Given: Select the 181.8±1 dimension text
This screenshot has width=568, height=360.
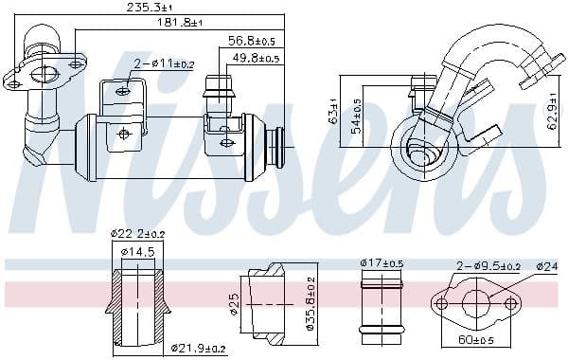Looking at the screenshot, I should (x=179, y=23).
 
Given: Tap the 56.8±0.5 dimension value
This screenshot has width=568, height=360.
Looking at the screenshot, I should (x=251, y=42).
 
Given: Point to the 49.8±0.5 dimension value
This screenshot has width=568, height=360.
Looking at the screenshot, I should (x=255, y=58).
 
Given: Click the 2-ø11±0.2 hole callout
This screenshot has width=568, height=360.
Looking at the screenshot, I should (x=164, y=64).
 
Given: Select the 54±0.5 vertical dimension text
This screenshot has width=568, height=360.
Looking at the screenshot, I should (x=356, y=116).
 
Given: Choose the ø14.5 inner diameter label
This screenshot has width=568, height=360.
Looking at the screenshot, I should (x=138, y=251).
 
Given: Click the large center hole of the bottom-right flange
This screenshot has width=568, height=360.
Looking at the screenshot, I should (x=476, y=304).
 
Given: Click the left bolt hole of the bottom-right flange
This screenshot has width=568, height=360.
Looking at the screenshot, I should (x=440, y=304).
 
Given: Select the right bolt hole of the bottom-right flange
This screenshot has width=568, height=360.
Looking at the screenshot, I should (x=512, y=304).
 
